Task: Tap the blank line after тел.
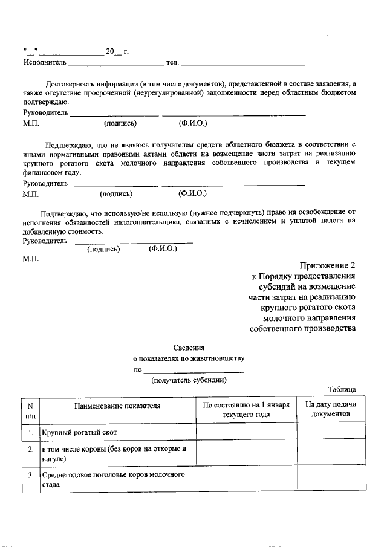[x=243, y=63]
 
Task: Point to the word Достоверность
[x=72, y=83]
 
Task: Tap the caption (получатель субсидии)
[x=189, y=380]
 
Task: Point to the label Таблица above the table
[x=342, y=390]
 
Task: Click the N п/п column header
[x=30, y=410]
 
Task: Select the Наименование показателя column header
[x=117, y=406]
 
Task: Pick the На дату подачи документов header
[x=330, y=410]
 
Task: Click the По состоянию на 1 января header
[x=246, y=410]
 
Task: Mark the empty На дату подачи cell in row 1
[x=330, y=433]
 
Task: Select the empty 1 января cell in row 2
[x=246, y=455]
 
